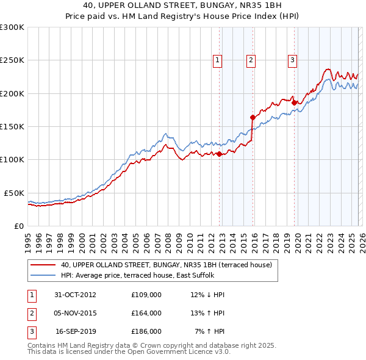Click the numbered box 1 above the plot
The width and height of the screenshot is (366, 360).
218,60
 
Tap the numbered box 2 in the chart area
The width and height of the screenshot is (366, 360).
251,60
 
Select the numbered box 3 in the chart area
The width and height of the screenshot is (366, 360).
292,60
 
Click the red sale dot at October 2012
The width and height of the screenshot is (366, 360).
220,154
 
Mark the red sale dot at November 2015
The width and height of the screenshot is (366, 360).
252,117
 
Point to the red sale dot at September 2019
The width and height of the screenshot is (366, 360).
293,103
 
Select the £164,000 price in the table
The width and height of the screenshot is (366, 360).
146,313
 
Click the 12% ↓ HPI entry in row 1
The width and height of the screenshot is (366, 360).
207,295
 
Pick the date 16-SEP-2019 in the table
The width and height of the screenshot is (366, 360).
76,331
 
